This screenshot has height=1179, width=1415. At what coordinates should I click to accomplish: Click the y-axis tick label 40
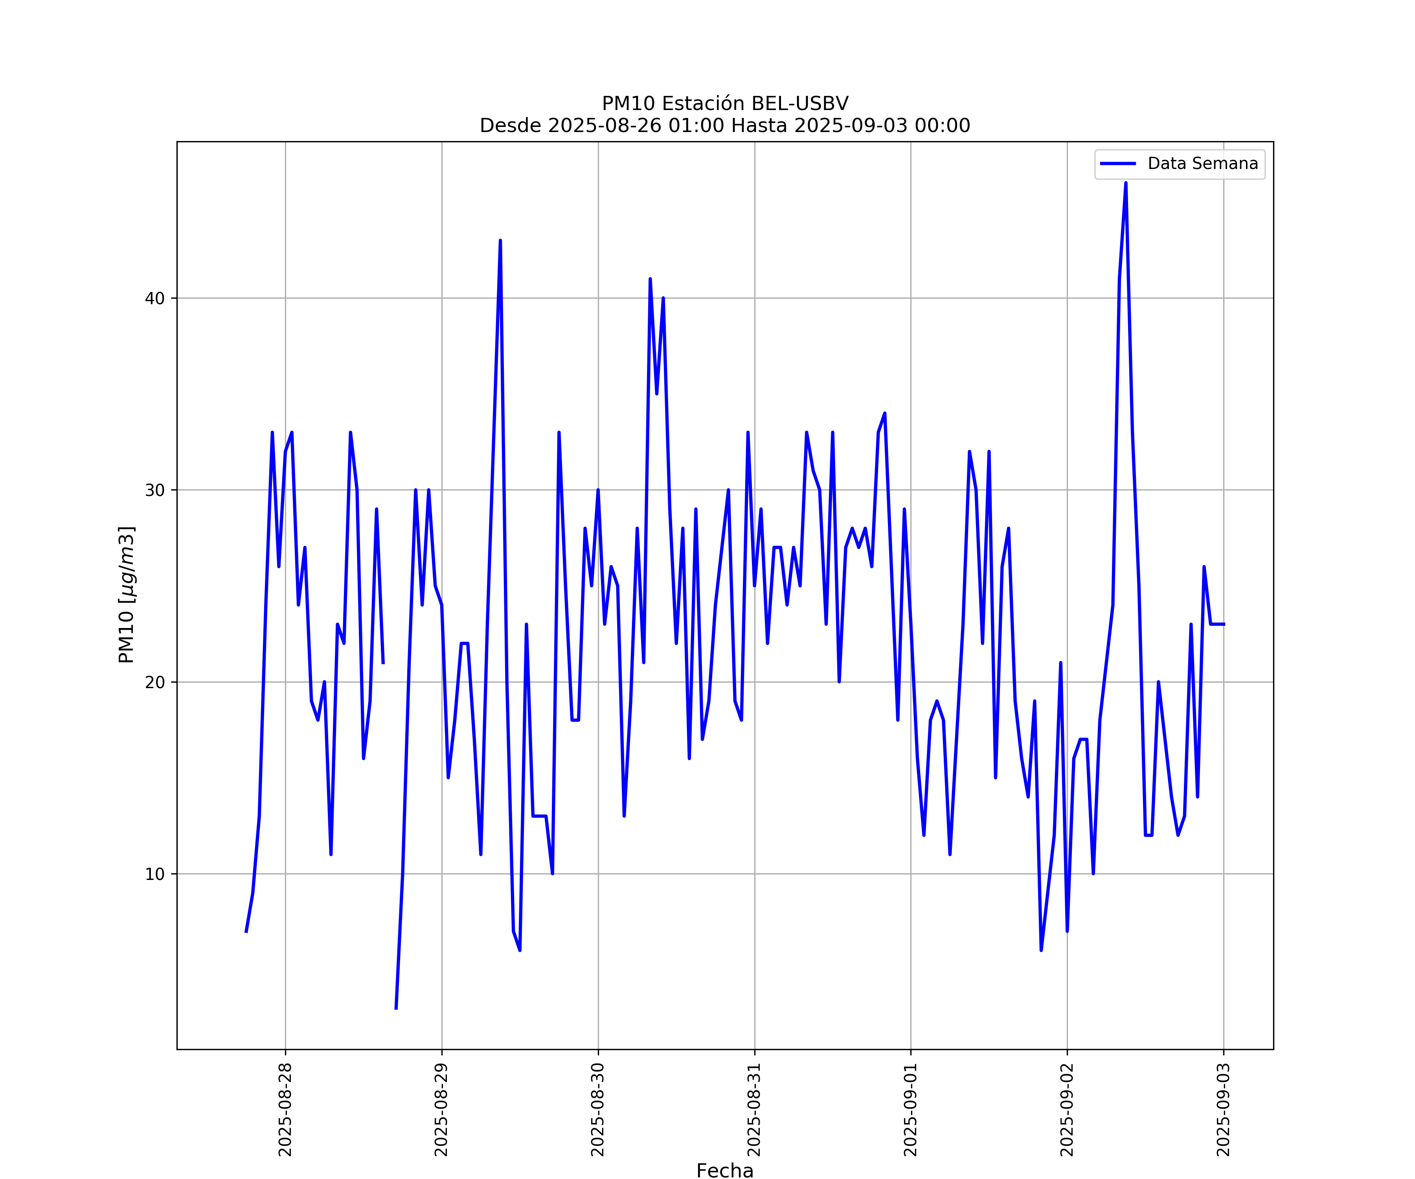tap(154, 298)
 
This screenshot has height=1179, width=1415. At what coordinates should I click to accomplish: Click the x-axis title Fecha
tap(725, 1171)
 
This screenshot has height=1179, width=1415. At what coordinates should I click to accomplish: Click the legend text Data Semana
tap(1203, 164)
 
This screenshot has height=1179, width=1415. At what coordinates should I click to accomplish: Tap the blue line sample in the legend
tap(1118, 164)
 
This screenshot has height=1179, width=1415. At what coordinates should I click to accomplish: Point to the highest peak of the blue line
tap(1125, 183)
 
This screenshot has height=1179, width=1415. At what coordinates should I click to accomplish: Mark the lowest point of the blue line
tap(396, 1008)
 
